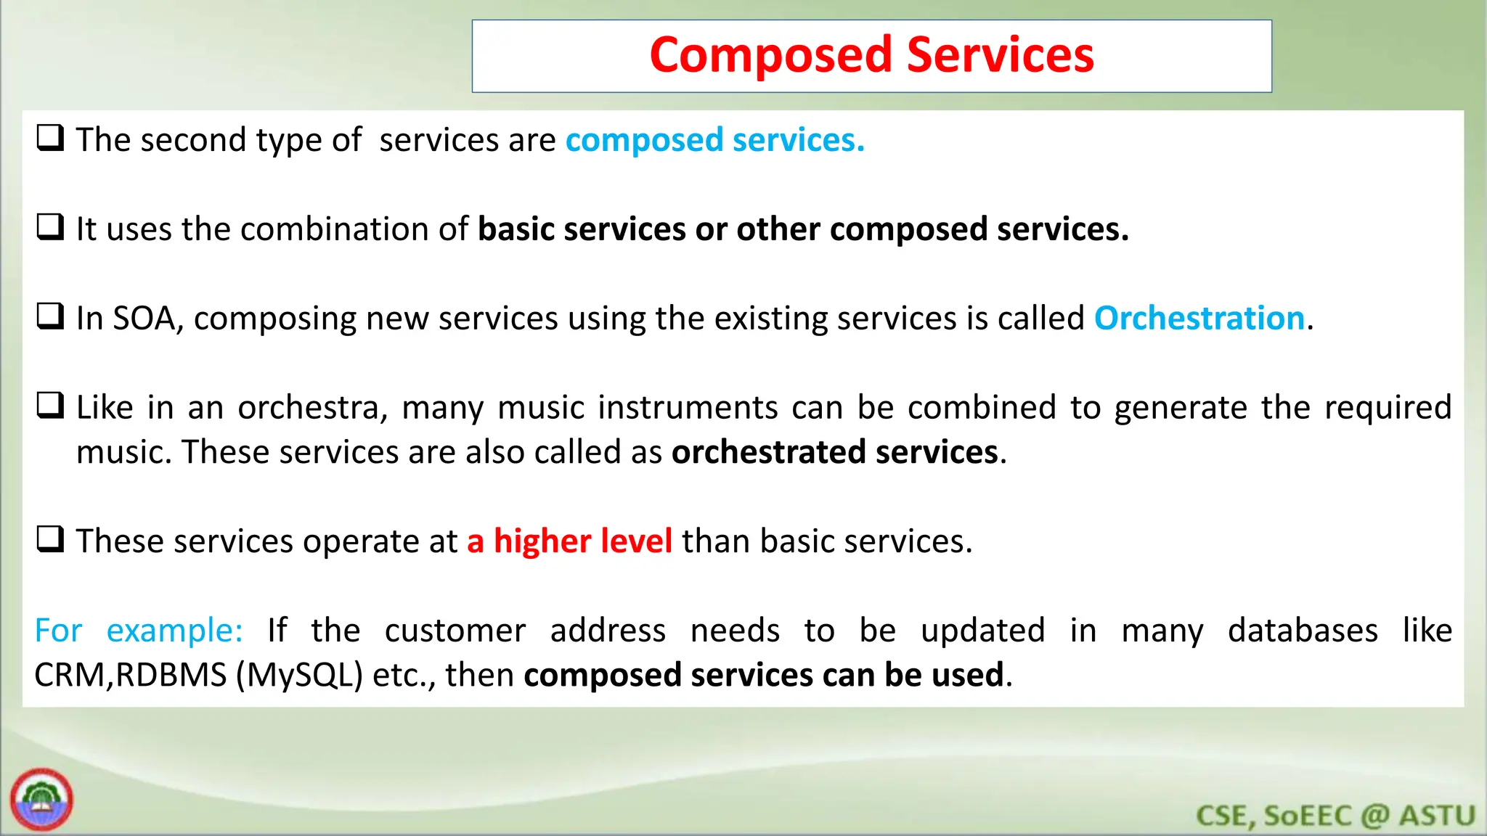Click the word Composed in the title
(770, 56)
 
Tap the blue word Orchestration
(1199, 319)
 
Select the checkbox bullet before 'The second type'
(51, 137)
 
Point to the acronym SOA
(144, 319)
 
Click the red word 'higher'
(542, 541)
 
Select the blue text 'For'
(58, 631)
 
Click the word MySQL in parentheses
(299, 676)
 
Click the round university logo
(41, 800)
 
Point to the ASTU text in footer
(1437, 816)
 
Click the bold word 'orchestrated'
(768, 452)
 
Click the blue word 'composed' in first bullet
(644, 141)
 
